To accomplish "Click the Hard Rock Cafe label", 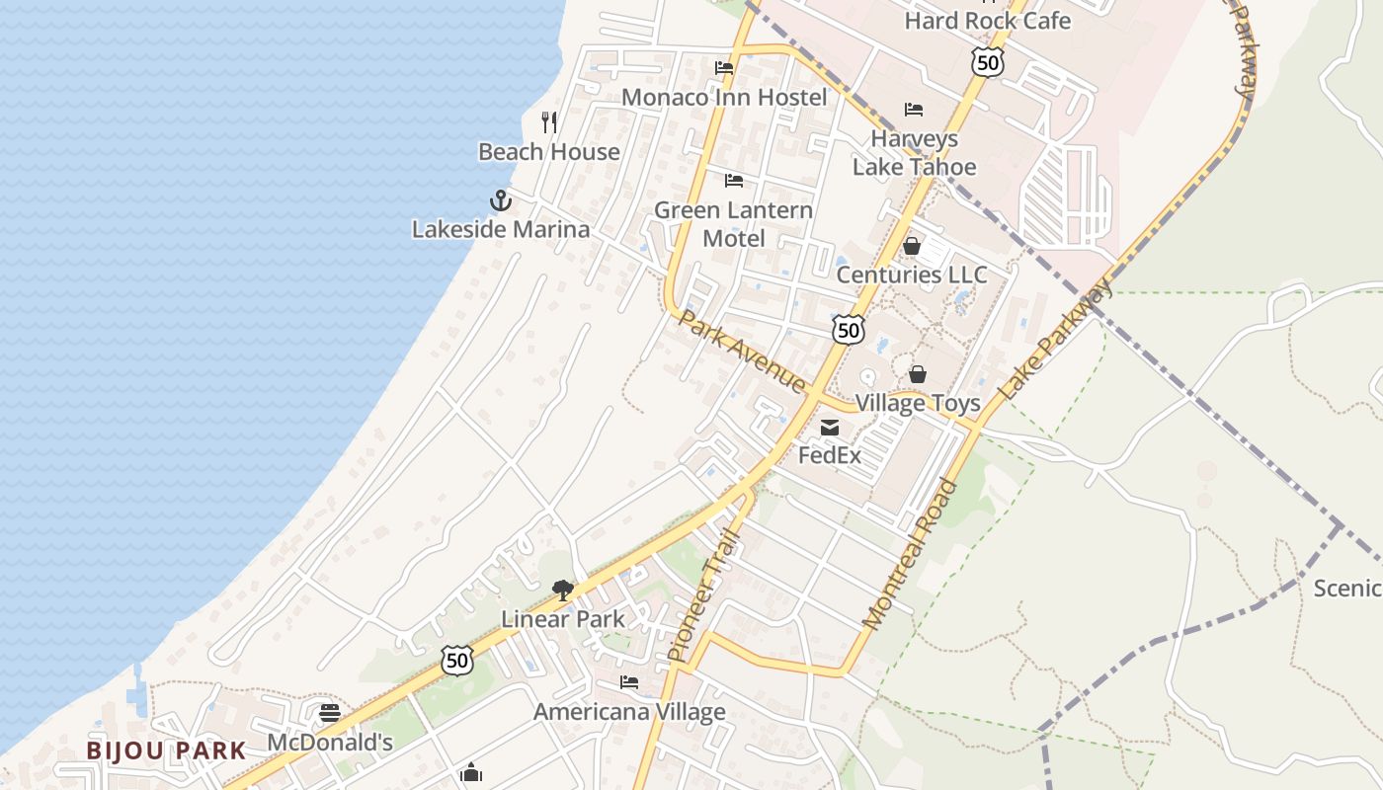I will tap(987, 20).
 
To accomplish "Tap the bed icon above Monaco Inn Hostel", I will tap(724, 68).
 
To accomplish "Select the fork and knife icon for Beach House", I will tap(549, 122).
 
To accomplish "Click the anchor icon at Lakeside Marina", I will tap(501, 200).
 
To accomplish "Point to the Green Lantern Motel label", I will tap(733, 224).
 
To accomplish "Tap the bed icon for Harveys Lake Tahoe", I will tap(914, 110).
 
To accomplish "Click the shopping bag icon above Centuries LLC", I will tap(912, 246).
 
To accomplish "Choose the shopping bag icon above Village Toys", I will tap(918, 374).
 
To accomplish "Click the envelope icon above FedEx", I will tap(830, 428).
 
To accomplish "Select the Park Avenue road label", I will tap(742, 352).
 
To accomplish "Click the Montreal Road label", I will tap(911, 555).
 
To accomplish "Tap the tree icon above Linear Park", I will tap(563, 591).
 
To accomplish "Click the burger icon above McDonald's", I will tap(330, 713).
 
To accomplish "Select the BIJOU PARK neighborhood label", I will tap(166, 750).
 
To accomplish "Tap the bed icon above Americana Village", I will tap(629, 682).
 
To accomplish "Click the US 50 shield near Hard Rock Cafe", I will tap(987, 63).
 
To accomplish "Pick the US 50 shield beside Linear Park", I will tap(456, 661).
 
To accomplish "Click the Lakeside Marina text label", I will tap(501, 229).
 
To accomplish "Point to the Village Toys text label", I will tap(918, 403).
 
